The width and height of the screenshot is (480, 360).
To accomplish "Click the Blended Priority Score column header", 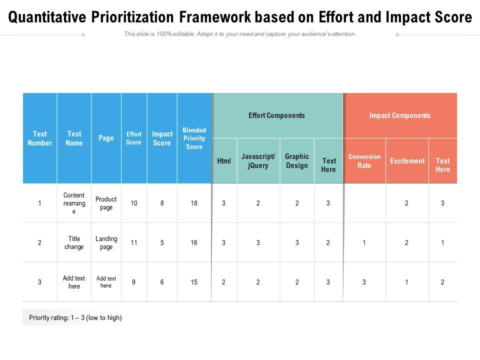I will (x=194, y=138).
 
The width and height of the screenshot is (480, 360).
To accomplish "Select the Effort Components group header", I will (x=276, y=115).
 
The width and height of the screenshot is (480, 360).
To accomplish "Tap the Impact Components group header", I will (x=399, y=115).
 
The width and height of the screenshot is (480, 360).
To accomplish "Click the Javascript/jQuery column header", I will (x=258, y=161).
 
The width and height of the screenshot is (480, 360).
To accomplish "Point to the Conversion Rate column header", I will (x=364, y=161).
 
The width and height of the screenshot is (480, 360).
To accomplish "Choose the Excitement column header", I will (x=407, y=161).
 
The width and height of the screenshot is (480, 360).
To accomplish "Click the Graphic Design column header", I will (x=297, y=161).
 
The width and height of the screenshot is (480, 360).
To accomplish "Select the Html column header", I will (x=224, y=161).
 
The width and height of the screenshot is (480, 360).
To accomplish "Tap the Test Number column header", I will (x=39, y=138).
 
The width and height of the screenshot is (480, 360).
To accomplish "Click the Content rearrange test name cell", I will (x=74, y=203).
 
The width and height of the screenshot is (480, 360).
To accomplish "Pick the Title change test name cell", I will (x=74, y=242).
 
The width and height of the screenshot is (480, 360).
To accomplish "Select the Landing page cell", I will (x=106, y=242).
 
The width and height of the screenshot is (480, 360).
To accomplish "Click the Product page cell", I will (x=106, y=203).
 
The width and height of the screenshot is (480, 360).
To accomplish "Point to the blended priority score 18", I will (x=194, y=203).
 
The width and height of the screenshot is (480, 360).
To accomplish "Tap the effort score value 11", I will (x=134, y=242).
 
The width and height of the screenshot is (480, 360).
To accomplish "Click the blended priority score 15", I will (x=194, y=282).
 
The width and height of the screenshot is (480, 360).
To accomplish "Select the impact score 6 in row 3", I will (x=162, y=282).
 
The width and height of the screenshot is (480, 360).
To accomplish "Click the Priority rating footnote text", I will (x=75, y=317).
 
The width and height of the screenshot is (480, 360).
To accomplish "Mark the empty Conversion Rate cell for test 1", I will (x=364, y=203).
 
